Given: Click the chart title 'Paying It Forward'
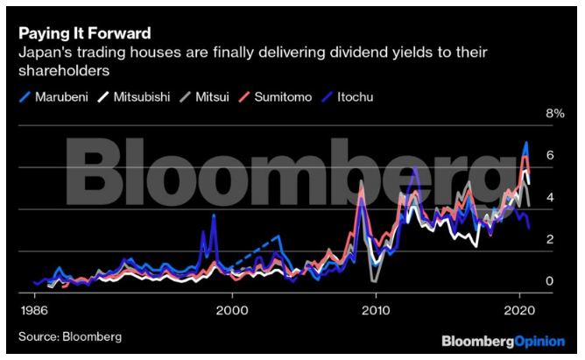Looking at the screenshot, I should tap(83, 32).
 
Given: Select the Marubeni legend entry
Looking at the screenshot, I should tap(53, 95).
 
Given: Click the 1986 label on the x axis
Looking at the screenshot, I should tap(34, 310).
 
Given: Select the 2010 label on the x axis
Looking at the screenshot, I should tap(376, 310).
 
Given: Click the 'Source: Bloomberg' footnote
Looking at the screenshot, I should tap(70, 336).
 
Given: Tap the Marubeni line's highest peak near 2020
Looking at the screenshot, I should tap(525, 143).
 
